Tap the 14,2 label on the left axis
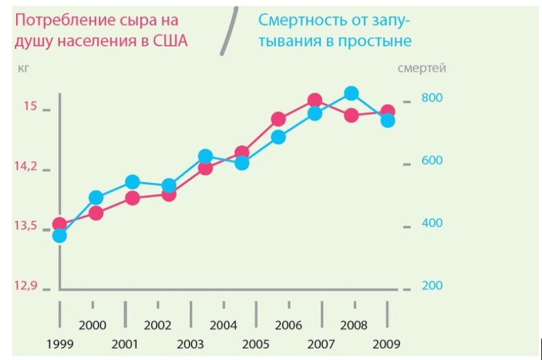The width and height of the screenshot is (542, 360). click(x=26, y=166)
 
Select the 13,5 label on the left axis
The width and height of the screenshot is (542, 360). click(x=26, y=226)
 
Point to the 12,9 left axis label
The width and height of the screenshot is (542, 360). click(x=26, y=285)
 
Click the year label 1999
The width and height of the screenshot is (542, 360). click(x=59, y=343)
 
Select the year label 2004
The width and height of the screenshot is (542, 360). click(x=224, y=325)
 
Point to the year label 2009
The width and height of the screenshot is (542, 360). click(x=388, y=343)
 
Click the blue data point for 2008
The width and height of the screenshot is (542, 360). click(x=351, y=93)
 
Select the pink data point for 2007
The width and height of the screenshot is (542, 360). click(x=315, y=100)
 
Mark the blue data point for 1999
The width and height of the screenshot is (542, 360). click(x=59, y=235)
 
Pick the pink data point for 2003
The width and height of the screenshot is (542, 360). click(x=205, y=168)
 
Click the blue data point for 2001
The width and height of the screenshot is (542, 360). click(x=132, y=182)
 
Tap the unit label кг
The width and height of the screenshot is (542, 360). click(x=25, y=67)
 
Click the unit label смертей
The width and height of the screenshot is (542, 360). click(x=421, y=67)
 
